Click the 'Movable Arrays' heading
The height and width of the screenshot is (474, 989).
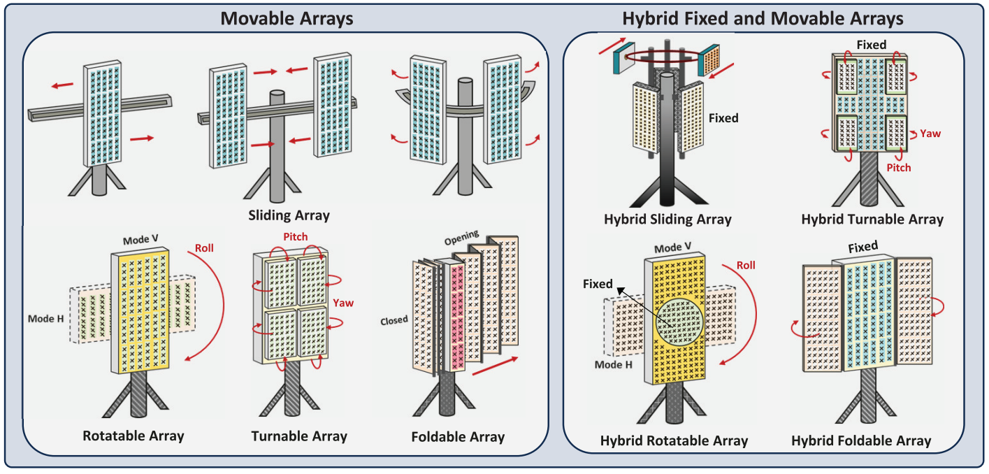[x=287, y=19]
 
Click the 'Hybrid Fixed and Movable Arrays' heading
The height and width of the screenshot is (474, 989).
[x=763, y=19]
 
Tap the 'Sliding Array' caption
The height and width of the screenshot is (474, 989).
[x=289, y=215]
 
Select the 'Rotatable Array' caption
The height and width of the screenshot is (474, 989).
[x=133, y=436]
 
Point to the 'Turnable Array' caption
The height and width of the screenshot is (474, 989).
[x=299, y=436]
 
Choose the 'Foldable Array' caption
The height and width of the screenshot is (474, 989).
[x=458, y=437]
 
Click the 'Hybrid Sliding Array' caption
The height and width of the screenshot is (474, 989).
[x=667, y=219]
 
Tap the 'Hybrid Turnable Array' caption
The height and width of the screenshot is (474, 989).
[x=872, y=219]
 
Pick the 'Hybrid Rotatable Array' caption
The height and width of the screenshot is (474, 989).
[x=674, y=440]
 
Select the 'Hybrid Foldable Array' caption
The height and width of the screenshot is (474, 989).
[x=861, y=440]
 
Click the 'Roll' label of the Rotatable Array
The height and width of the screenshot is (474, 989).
[x=204, y=247]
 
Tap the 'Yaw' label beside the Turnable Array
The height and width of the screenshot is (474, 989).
[x=343, y=303]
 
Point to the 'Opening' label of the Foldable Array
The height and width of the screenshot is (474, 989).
[x=461, y=238]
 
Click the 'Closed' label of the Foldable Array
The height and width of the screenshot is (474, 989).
[x=394, y=319]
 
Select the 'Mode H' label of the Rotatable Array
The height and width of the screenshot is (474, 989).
[x=46, y=319]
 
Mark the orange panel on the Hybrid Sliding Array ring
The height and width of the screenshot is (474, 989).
[x=710, y=59]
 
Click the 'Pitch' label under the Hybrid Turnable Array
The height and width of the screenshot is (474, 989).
[x=899, y=167]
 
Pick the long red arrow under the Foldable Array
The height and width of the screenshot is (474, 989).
[x=495, y=366]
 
